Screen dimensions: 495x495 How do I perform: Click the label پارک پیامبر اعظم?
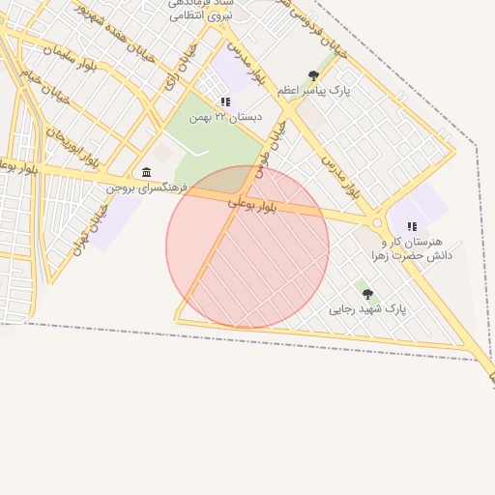tap(313, 90)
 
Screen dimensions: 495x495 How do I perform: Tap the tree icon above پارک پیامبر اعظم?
tap(313, 75)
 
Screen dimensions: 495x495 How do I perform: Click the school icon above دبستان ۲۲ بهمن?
tap(225, 102)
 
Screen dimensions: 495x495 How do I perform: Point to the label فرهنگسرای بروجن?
tap(145, 187)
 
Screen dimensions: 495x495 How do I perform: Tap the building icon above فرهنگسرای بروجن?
tap(146, 172)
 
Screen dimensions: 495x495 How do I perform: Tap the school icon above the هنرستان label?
tap(412, 226)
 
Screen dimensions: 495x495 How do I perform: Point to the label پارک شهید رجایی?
tap(367, 309)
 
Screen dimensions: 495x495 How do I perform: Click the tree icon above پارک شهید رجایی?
tap(367, 294)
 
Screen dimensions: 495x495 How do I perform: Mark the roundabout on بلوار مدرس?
tap(378, 222)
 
